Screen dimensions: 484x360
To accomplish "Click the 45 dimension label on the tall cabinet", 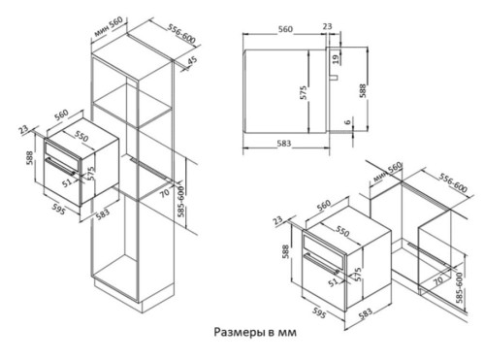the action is [x=192, y=61].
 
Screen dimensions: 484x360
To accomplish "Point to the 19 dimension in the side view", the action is [x=336, y=59].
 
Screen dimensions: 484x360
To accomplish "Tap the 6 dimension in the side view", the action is [x=347, y=122].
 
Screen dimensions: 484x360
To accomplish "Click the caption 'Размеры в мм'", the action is [x=255, y=332].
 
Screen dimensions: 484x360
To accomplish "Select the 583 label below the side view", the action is [x=284, y=144].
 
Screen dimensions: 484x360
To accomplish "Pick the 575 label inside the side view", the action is [x=303, y=92].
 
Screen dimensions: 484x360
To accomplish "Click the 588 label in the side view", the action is [x=363, y=91].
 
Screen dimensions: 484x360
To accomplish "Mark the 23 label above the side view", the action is [x=327, y=26].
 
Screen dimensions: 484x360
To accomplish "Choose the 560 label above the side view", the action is [x=285, y=29].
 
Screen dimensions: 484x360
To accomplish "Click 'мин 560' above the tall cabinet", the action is [x=109, y=27].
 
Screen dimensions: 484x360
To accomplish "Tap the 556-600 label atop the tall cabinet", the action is [x=181, y=34].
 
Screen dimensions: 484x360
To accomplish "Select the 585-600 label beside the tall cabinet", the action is [x=181, y=201].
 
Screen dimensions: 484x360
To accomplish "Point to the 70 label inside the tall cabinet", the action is [x=165, y=193].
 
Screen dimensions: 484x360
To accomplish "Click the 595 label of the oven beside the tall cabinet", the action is [x=59, y=209].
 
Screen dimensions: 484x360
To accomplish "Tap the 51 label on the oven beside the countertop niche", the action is [x=334, y=282].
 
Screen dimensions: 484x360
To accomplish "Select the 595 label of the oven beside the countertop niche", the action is [x=319, y=312].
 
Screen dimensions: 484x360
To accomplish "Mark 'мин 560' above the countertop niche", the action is [x=387, y=172].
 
